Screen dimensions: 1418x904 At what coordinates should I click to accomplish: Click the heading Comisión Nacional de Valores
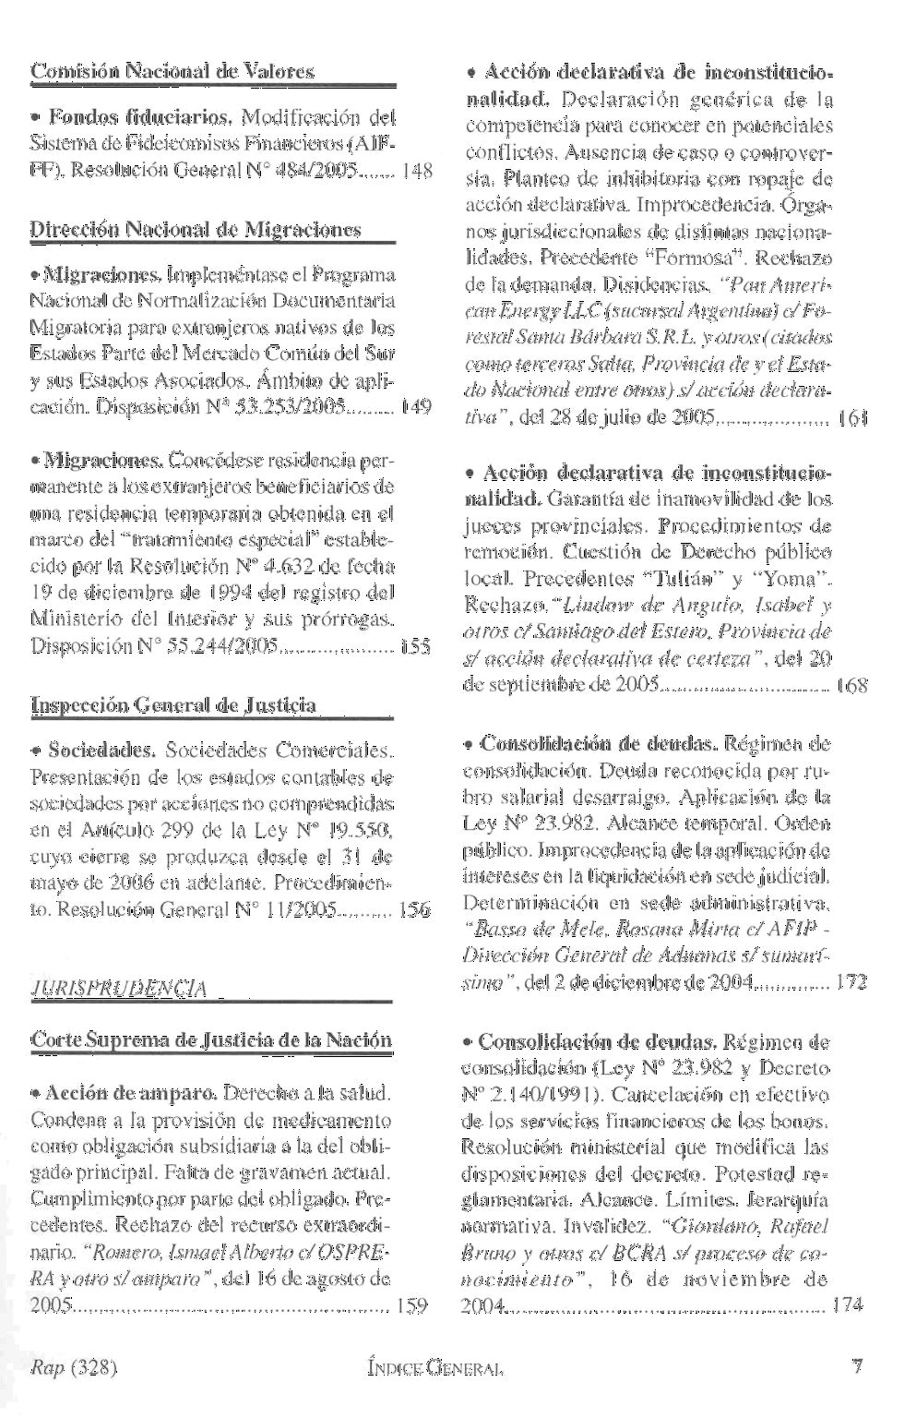172,70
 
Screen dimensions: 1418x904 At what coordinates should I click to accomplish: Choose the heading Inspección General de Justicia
174,705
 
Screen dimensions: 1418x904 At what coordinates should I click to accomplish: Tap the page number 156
415,910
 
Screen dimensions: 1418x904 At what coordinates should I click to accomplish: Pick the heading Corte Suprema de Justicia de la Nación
212,1040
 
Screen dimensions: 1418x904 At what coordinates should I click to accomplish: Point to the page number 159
411,1306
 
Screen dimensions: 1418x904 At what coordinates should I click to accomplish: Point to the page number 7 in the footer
858,1365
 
